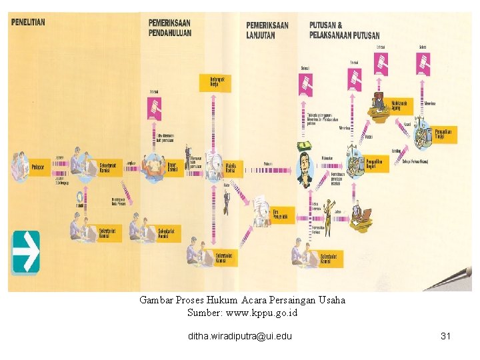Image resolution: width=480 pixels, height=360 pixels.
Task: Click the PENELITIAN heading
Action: [x=29, y=22]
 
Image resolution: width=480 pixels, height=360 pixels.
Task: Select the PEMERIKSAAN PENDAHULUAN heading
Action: [x=170, y=28]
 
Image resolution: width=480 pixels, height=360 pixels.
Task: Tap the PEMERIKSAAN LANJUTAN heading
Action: [x=267, y=30]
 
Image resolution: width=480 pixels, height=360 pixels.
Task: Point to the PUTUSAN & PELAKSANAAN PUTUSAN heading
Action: [x=344, y=30]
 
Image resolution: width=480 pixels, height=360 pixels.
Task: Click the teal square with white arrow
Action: [x=26, y=251]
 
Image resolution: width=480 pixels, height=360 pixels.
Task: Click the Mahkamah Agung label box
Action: [x=400, y=105]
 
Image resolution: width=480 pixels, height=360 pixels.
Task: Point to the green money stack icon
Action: [x=305, y=145]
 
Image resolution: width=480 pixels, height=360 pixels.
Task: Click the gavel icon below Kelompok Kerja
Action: [x=155, y=109]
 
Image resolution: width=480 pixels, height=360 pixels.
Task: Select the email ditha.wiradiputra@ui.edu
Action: [x=240, y=336]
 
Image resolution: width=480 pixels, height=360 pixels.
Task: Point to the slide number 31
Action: [x=446, y=336]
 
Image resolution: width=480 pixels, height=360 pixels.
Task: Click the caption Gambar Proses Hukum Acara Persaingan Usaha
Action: [x=243, y=300]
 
